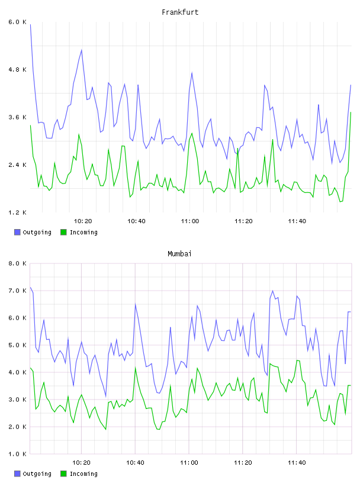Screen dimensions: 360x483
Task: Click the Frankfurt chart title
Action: coord(180,12)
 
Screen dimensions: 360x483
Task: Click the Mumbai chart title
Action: coord(179,254)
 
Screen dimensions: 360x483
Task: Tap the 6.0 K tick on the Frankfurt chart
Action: coord(18,22)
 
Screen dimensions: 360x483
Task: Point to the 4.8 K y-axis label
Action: coord(18,70)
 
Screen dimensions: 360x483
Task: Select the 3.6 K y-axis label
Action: coord(18,117)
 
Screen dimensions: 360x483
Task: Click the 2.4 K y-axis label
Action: coord(18,165)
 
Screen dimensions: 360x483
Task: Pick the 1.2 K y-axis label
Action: coord(18,212)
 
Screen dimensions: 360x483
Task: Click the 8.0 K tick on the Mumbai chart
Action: coord(18,263)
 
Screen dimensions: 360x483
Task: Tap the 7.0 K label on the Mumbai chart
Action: coord(18,291)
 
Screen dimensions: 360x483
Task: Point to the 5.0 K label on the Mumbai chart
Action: coord(18,345)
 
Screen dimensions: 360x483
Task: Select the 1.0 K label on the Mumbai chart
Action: coord(18,454)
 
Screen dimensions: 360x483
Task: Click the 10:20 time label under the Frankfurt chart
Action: coord(83,221)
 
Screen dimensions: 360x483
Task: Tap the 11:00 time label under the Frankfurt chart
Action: coord(190,221)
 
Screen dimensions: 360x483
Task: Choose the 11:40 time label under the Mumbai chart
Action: coord(297,463)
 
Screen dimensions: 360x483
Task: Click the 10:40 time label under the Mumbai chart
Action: coord(136,463)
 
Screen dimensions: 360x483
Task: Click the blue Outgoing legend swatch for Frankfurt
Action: coord(17,232)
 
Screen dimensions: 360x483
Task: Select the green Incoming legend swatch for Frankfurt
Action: coord(63,232)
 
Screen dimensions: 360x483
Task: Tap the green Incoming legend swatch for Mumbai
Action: coord(63,474)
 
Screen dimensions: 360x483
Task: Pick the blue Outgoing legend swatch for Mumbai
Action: coord(17,474)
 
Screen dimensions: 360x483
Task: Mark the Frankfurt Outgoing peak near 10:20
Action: coord(81,50)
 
